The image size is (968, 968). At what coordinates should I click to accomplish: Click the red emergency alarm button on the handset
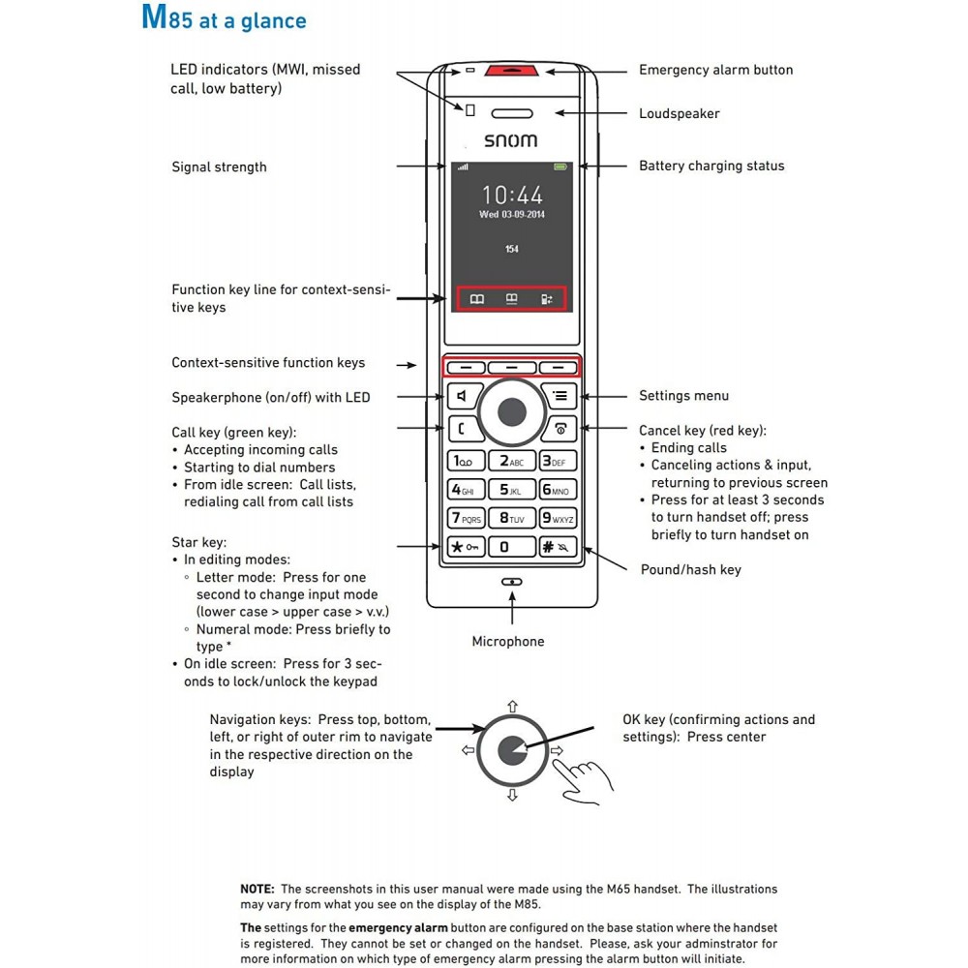tap(511, 70)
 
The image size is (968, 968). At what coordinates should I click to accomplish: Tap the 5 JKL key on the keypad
tap(511, 490)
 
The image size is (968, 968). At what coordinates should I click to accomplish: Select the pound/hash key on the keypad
tap(558, 547)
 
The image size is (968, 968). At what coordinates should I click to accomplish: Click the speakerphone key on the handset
tap(464, 396)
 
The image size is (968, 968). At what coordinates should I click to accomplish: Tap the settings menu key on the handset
tap(560, 396)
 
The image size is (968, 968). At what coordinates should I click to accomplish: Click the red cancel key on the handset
tap(560, 429)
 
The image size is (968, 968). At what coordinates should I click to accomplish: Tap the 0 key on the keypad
tap(511, 547)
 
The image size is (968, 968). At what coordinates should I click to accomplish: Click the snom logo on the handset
tap(510, 140)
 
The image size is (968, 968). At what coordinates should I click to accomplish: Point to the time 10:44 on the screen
tap(512, 196)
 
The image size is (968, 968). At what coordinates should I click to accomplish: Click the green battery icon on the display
tap(560, 166)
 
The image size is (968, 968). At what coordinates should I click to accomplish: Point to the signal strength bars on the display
tap(463, 166)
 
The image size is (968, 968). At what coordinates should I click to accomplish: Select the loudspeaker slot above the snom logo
tap(512, 113)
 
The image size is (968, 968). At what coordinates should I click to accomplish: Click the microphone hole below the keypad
tap(512, 582)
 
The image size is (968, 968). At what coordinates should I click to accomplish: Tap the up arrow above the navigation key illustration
tap(512, 707)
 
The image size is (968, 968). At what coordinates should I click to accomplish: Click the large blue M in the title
tap(154, 17)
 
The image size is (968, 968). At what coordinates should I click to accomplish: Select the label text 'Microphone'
tap(508, 642)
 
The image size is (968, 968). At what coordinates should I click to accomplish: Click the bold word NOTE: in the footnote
tap(257, 889)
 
